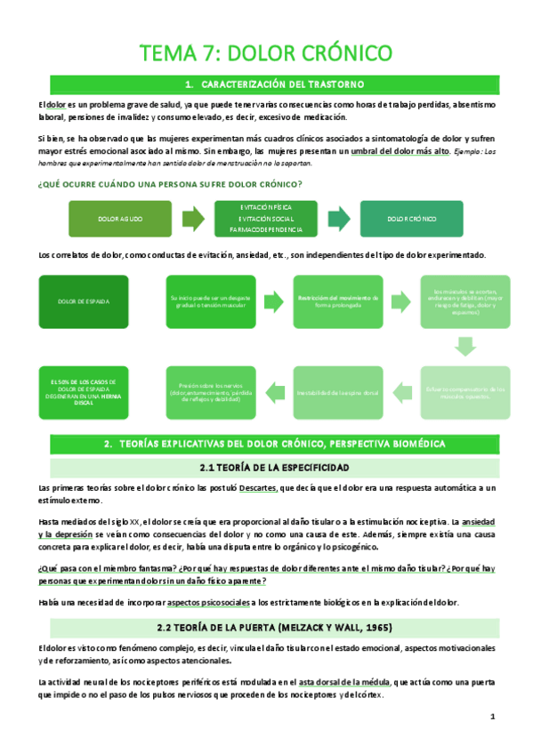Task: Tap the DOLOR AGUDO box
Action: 120,218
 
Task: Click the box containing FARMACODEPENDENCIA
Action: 266,218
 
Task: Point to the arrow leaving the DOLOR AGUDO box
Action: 192,218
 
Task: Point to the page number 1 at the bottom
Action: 491,717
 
